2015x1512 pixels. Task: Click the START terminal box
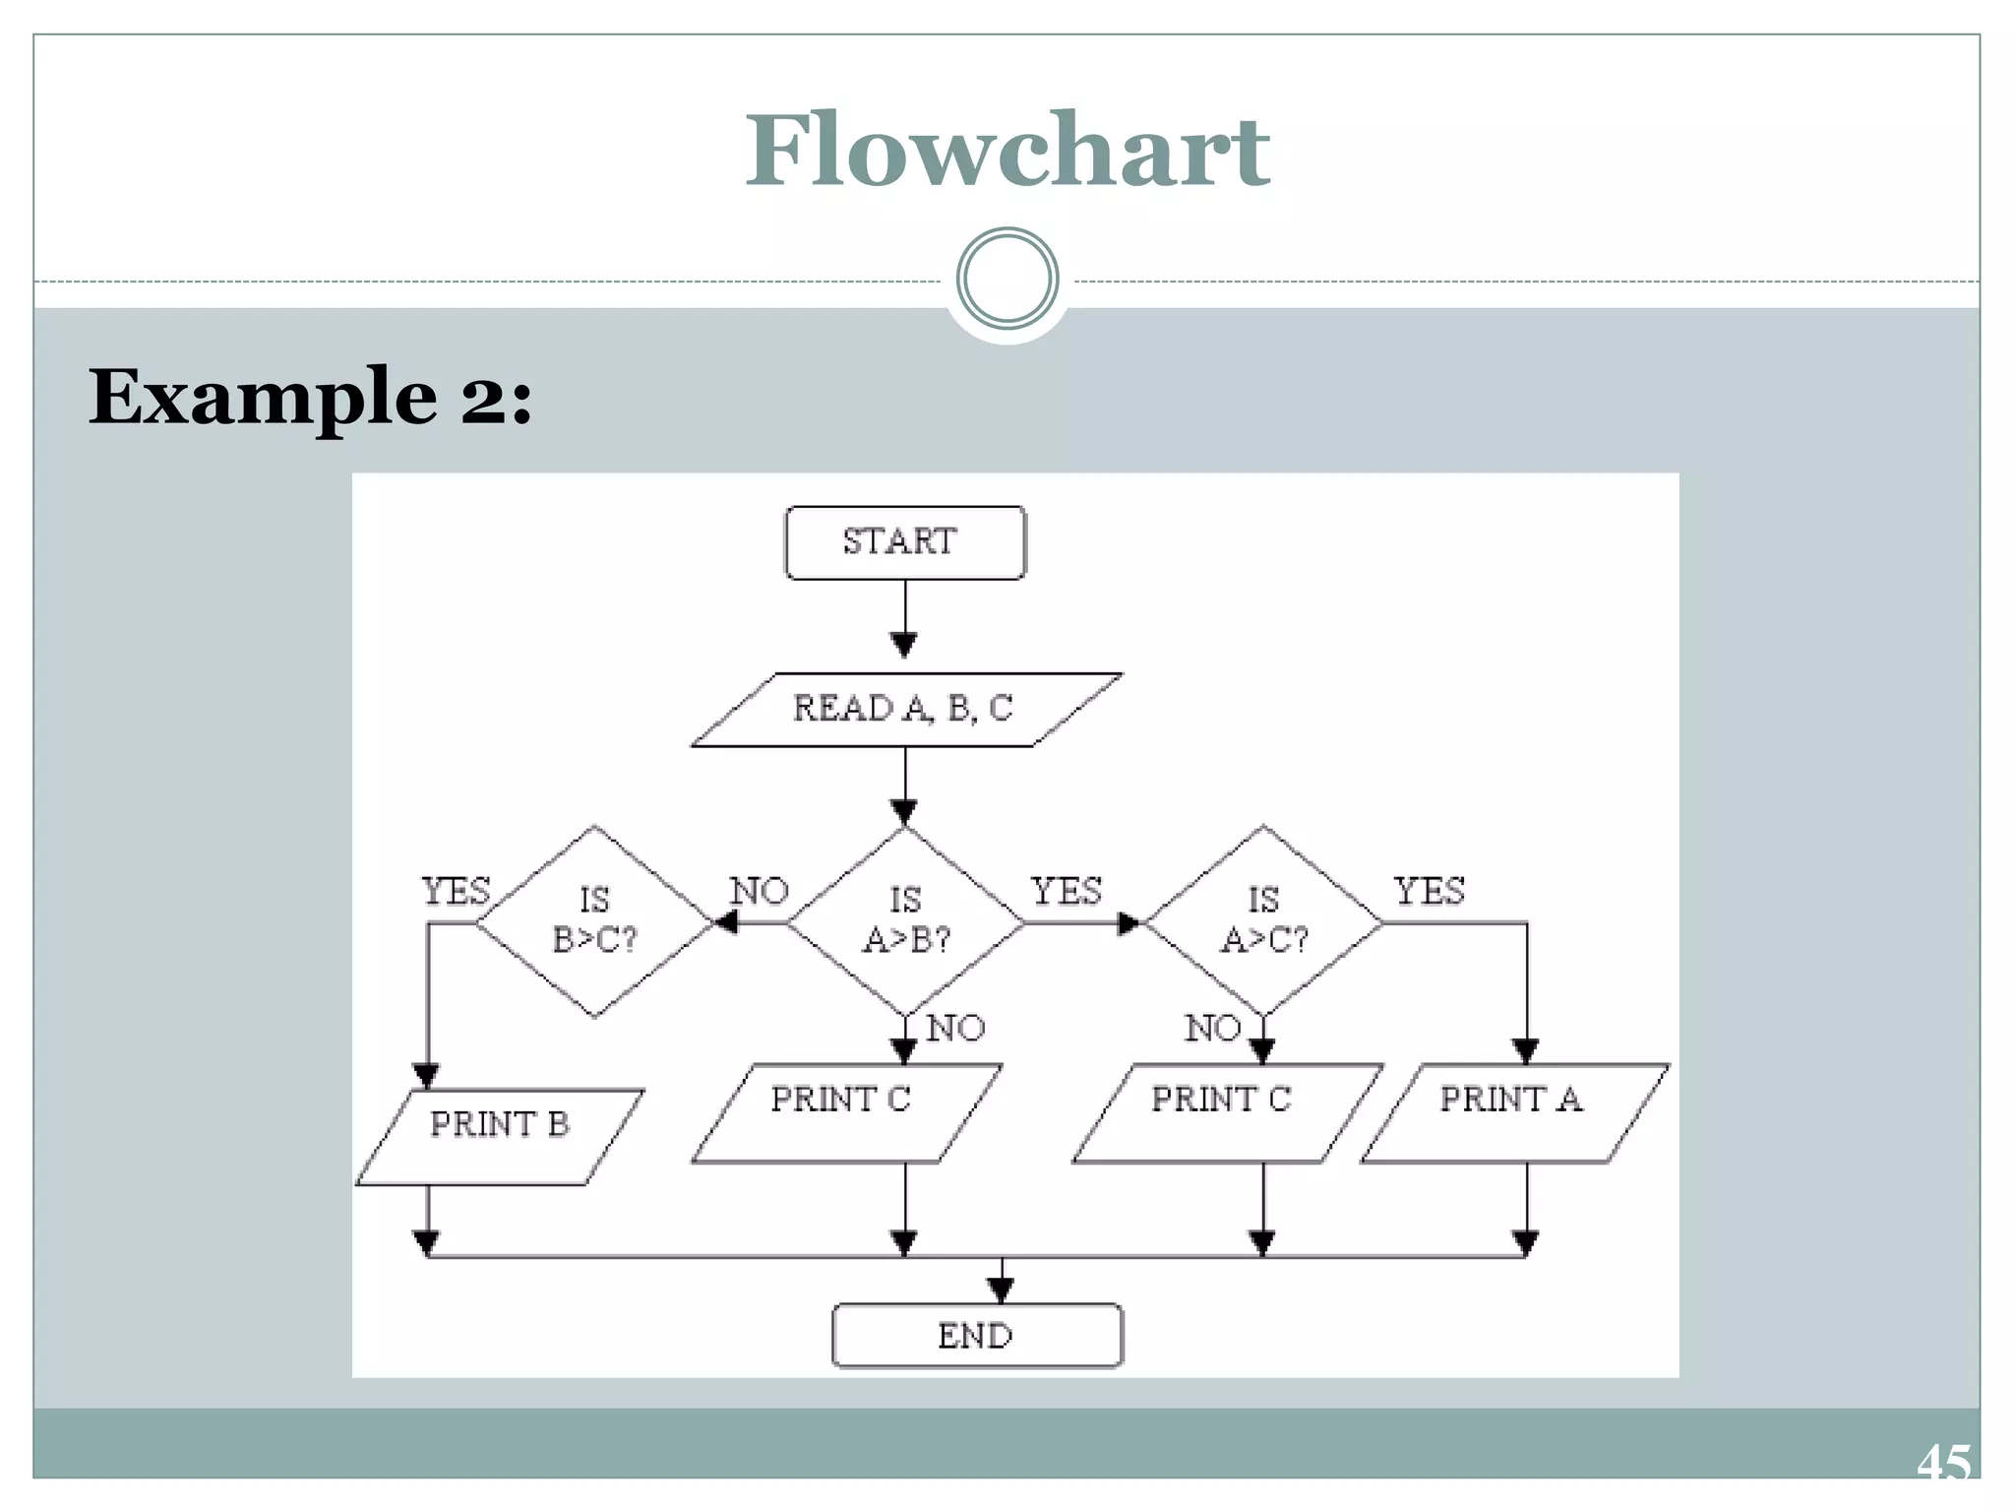[x=904, y=542]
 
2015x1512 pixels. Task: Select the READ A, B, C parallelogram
[x=905, y=710]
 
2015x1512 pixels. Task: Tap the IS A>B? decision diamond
[x=905, y=921]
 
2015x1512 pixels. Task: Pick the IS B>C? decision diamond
[x=594, y=921]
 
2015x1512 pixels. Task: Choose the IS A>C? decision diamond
[x=1263, y=921]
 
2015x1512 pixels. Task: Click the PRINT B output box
[x=500, y=1136]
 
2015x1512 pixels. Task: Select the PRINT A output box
[x=1514, y=1112]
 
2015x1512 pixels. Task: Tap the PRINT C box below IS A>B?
[x=846, y=1112]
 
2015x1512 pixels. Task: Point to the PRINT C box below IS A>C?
[x=1226, y=1112]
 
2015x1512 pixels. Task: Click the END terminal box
[x=976, y=1336]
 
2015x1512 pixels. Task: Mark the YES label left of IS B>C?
[x=456, y=891]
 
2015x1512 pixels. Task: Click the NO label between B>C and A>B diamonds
[x=760, y=891]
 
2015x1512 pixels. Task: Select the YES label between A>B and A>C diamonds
[x=1066, y=891]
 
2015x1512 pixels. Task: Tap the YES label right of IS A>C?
[x=1430, y=891]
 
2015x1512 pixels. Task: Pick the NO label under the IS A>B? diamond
[x=955, y=1028]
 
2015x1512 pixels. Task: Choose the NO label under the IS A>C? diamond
[x=1212, y=1028]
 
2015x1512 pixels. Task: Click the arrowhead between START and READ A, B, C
[x=904, y=644]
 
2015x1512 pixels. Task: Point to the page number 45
[x=1943, y=1463]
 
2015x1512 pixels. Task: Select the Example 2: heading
[x=310, y=397]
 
